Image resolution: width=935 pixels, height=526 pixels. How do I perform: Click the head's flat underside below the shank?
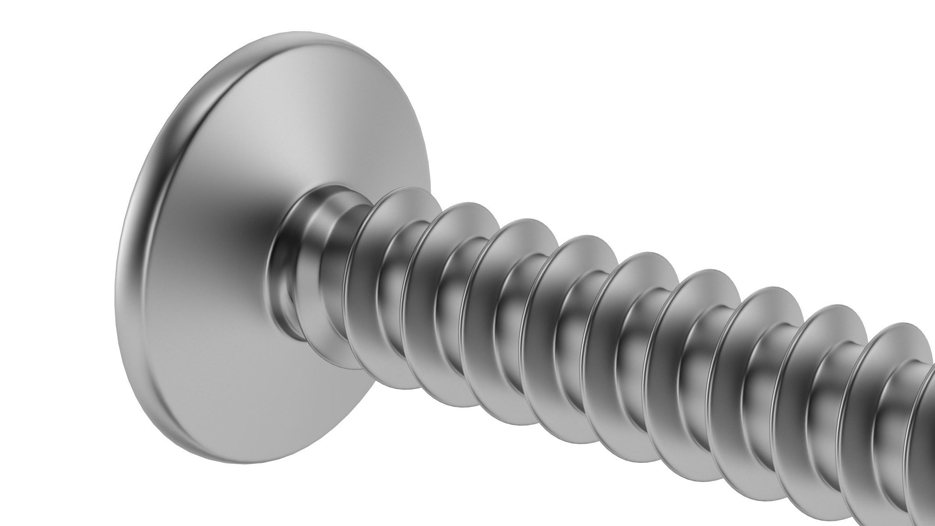[263, 394]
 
